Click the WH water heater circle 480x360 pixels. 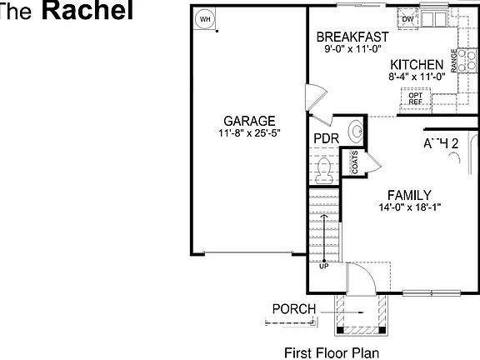tap(204, 19)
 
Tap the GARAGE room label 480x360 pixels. tap(244, 121)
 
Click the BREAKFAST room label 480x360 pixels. tap(354, 37)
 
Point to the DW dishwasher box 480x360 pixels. tap(408, 19)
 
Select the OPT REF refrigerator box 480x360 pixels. tap(415, 98)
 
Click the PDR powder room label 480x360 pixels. tap(325, 138)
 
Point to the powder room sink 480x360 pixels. tap(356, 130)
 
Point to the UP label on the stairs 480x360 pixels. tap(323, 267)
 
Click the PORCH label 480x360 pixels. tap(294, 309)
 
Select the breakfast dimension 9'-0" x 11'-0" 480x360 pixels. tap(354, 49)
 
